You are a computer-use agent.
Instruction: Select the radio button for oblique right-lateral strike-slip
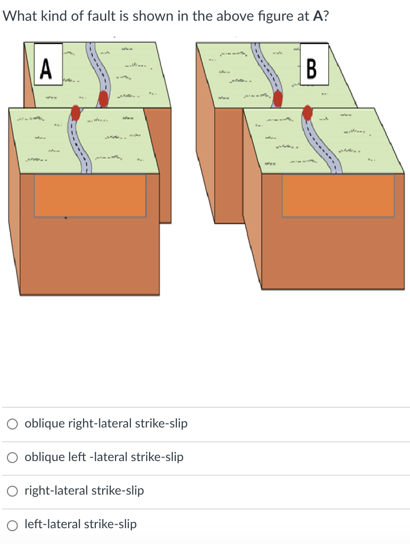point(13,424)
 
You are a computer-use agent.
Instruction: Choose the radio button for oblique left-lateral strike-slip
point(13,457)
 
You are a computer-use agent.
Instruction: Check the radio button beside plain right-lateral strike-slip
point(13,491)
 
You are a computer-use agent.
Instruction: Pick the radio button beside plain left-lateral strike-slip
point(13,524)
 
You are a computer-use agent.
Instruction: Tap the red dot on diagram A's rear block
point(103,98)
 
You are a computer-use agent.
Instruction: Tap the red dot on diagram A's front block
point(76,113)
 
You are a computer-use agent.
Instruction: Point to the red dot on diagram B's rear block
point(278,98)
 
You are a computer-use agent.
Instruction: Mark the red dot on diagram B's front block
point(308,112)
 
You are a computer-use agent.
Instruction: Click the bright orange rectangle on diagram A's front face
point(90,195)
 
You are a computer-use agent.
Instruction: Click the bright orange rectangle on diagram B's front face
point(338,195)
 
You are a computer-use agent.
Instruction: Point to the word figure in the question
point(265,16)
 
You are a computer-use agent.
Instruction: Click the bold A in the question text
point(318,16)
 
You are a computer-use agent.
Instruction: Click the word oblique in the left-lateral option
point(44,457)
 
